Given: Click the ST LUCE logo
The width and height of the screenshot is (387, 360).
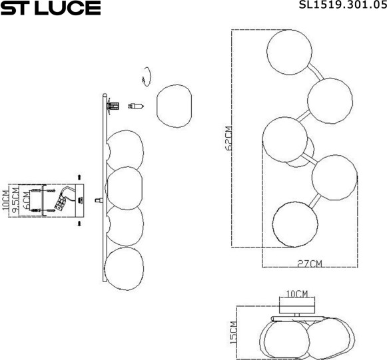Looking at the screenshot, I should point(51,9).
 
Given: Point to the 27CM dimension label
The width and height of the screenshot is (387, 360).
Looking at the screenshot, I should point(310,264).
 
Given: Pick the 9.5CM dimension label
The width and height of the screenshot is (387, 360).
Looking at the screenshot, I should point(15,200).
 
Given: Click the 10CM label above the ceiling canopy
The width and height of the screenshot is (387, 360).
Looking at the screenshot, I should point(297,293).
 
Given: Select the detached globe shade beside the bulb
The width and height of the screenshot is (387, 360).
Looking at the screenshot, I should point(173,105).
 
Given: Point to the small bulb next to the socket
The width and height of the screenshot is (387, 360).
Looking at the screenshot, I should point(136,105).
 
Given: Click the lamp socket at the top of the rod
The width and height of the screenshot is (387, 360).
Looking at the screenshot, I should point(114,105).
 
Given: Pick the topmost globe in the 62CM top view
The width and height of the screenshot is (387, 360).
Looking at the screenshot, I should point(289,51).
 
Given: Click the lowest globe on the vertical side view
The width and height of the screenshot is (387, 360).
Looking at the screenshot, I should point(125,269).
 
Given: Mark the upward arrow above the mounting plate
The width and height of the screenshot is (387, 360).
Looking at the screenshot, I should point(79,177).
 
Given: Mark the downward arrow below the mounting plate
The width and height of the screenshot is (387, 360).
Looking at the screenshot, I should point(79,224).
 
